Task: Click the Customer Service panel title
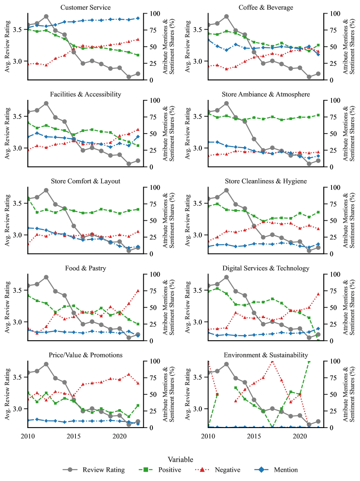pyautogui.click(x=85, y=8)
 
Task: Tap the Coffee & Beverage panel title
pyautogui.click(x=266, y=8)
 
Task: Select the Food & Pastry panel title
pyautogui.click(x=85, y=268)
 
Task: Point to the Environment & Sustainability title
pyautogui.click(x=266, y=355)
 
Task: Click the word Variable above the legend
pyautogui.click(x=180, y=459)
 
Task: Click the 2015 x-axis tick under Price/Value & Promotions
pyautogui.click(x=73, y=436)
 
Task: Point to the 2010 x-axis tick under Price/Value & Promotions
pyautogui.click(x=28, y=436)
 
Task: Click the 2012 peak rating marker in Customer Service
pyautogui.click(x=46, y=16)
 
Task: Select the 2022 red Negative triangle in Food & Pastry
pyautogui.click(x=138, y=290)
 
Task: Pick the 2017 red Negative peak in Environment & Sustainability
pyautogui.click(x=273, y=361)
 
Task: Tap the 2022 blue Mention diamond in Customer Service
pyautogui.click(x=138, y=18)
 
